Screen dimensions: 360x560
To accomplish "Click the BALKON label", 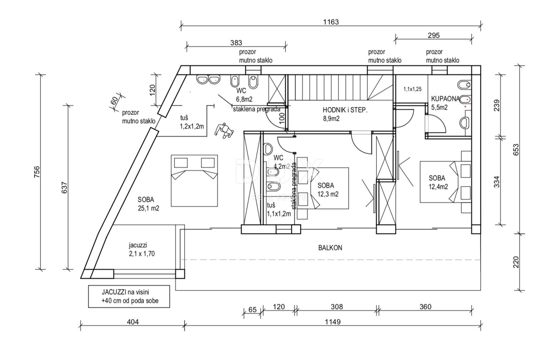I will [330, 248].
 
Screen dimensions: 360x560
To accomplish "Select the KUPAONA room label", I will [446, 103].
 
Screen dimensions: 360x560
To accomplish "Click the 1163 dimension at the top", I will [331, 21].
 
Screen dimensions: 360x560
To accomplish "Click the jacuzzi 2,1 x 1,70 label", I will [142, 249].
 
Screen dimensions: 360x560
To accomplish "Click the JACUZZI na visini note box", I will [130, 296].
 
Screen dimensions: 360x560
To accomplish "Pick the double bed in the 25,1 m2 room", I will [194, 180].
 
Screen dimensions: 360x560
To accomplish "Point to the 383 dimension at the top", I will [236, 42].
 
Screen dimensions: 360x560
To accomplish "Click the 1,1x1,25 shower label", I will [412, 89].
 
